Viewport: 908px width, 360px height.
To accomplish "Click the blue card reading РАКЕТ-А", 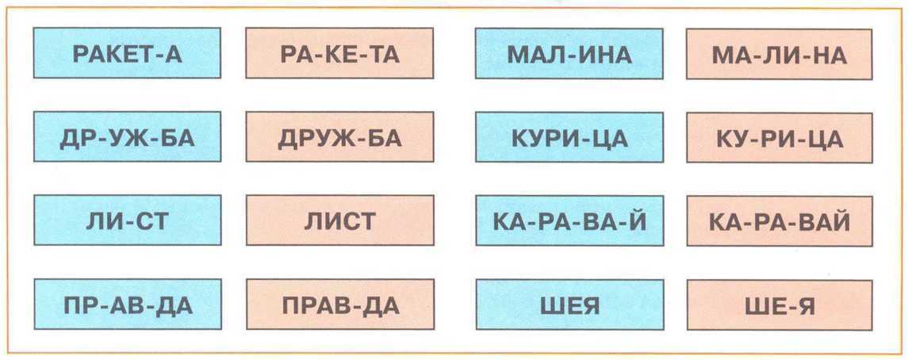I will (127, 54).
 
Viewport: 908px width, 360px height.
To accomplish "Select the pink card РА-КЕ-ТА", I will (339, 54).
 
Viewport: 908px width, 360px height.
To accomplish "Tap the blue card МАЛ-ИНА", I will (569, 54).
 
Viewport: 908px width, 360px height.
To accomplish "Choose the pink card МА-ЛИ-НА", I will (780, 54).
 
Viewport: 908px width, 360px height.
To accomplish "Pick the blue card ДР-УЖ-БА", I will (127, 137).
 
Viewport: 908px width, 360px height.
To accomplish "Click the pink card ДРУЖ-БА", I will (339, 137).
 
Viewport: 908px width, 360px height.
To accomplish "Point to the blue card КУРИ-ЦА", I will (569, 137).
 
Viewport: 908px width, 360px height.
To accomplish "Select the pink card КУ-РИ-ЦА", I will (780, 137).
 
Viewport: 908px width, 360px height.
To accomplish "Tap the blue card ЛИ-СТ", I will (127, 220).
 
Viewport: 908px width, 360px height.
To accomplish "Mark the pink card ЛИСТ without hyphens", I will (339, 220).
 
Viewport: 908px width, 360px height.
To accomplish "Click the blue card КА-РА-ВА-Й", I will (569, 220).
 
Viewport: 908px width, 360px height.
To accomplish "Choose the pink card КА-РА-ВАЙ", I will (780, 220).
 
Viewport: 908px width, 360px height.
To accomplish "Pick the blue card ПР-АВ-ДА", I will (127, 304).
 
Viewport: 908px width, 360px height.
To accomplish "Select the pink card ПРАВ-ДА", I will (339, 304).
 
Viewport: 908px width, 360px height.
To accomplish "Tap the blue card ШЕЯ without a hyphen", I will (569, 304).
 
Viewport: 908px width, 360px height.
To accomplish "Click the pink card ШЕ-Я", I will (780, 304).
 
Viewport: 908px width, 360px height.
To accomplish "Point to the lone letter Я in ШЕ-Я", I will (805, 304).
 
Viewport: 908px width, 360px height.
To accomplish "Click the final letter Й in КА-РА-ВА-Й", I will (637, 220).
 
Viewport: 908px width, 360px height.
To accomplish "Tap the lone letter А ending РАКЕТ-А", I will (175, 54).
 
